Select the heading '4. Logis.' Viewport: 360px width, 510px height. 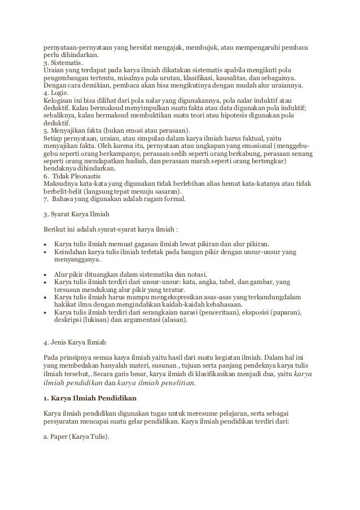pyautogui.click(x=55, y=93)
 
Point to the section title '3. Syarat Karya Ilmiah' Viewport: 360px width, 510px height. pyautogui.click(x=77, y=214)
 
